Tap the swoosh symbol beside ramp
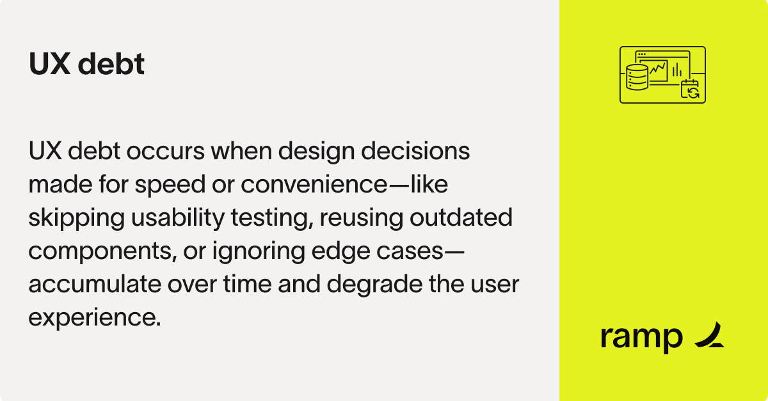click(709, 336)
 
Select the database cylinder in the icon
click(637, 77)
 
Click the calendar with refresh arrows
click(691, 90)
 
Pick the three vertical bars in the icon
click(677, 69)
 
